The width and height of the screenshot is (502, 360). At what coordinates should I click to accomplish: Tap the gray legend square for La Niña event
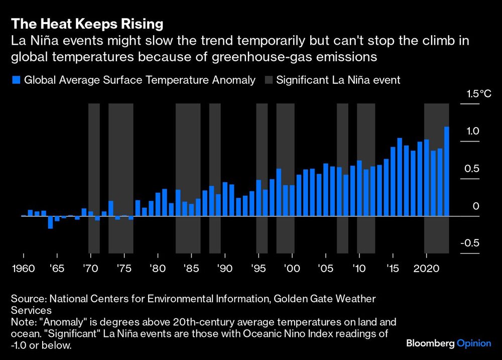268,80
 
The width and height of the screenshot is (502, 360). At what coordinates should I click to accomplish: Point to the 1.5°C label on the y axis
479,94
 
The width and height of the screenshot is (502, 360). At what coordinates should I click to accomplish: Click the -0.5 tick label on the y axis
470,244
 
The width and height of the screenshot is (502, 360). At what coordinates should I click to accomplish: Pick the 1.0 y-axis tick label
473,131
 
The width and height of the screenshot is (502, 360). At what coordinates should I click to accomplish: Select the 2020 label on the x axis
427,268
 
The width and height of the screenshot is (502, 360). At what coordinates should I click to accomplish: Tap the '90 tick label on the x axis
225,268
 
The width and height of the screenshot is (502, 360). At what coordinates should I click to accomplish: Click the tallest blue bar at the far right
446,171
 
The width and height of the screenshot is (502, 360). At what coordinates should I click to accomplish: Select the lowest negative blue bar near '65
50,222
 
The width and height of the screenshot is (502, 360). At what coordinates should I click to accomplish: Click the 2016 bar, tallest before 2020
400,177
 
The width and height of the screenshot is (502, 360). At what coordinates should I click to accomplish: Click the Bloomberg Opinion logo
448,343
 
